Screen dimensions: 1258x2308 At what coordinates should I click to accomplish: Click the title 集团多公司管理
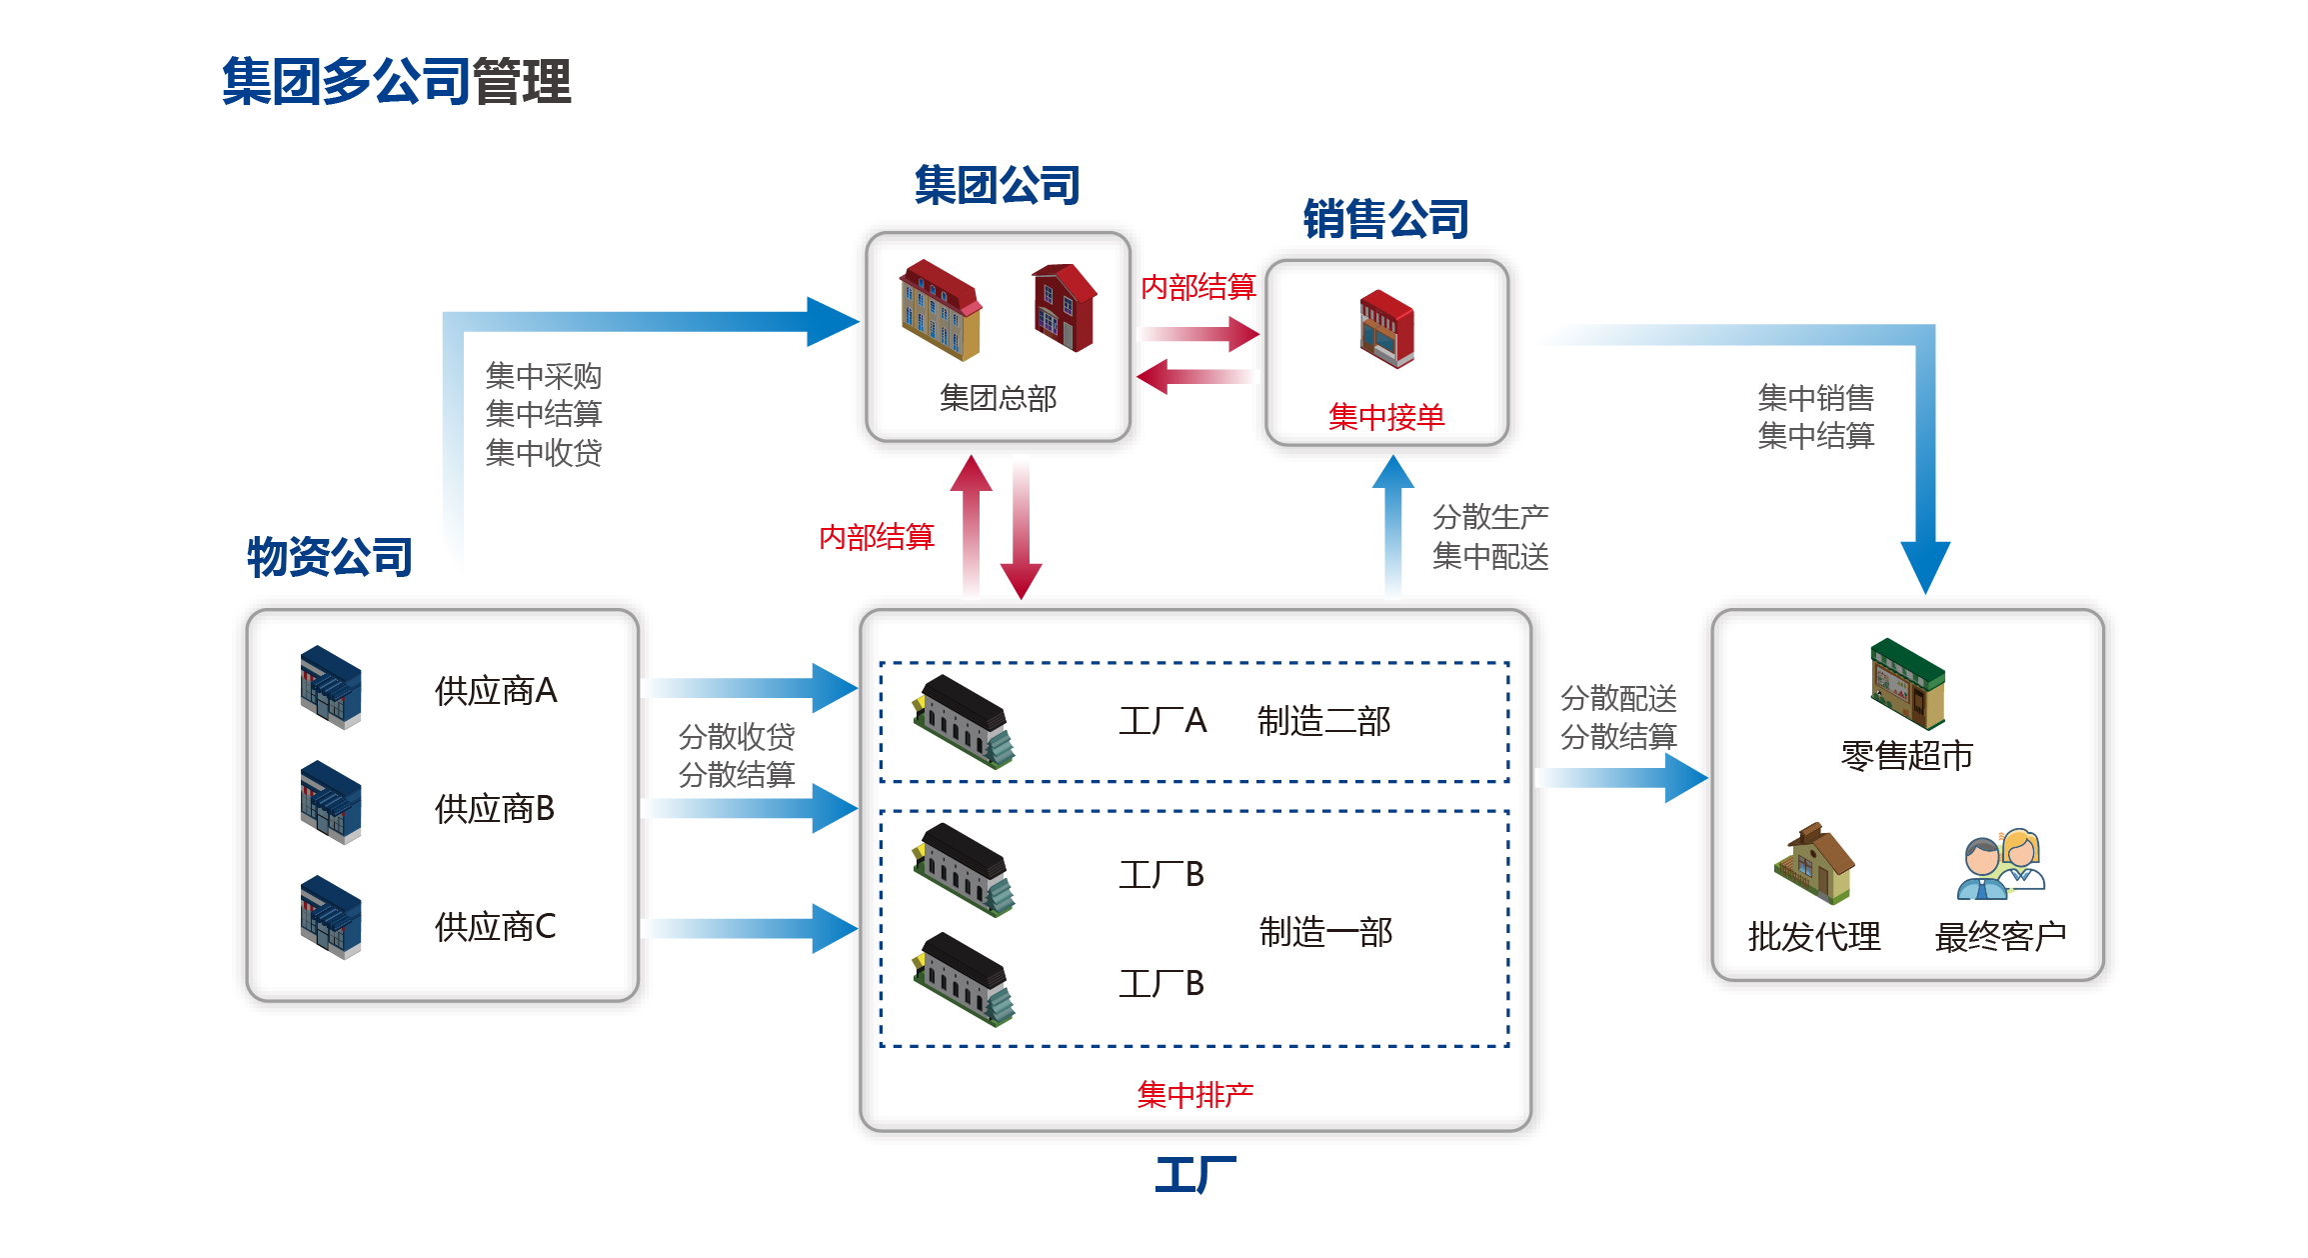[396, 82]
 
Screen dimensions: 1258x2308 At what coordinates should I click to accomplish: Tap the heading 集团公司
[997, 186]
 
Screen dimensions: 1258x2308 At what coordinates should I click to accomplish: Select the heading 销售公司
[1385, 219]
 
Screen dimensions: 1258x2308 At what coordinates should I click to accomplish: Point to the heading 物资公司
[330, 557]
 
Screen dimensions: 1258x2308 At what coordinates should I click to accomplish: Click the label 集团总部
[998, 398]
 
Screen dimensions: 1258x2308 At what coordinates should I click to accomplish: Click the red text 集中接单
[1386, 417]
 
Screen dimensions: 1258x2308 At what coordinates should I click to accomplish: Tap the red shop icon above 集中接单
[1386, 329]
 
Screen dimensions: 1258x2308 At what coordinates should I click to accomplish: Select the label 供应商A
[496, 691]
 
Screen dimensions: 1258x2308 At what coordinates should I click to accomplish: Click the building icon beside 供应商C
[331, 917]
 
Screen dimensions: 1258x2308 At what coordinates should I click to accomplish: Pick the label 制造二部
[1323, 721]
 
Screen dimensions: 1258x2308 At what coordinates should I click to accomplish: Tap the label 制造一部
[1325, 932]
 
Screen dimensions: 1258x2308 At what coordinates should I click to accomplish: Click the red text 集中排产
[1195, 1095]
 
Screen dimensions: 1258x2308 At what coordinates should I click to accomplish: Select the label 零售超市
[1906, 756]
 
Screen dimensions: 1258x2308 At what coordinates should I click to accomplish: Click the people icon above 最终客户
[2001, 865]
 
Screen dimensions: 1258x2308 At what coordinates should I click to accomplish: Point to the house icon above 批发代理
[1814, 863]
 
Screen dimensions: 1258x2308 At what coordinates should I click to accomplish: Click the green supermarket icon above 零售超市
[1907, 683]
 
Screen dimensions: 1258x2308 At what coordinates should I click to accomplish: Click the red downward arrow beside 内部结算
[1021, 530]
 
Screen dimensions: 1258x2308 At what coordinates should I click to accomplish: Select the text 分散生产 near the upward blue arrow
[1490, 517]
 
